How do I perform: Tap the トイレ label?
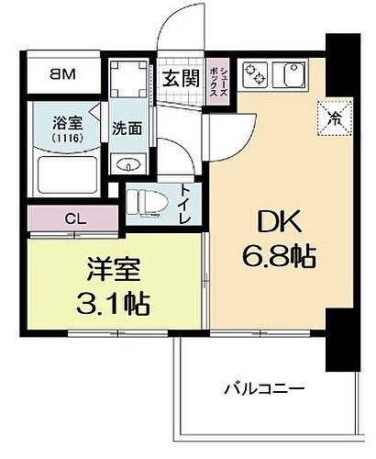click(x=185, y=203)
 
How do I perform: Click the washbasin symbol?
click(x=127, y=163)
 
